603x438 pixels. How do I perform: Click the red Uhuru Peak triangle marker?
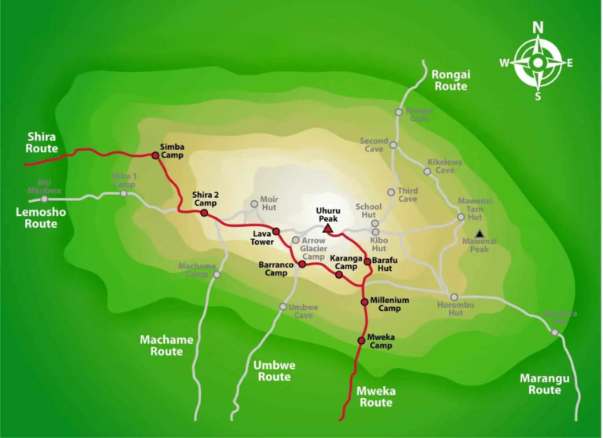[x=327, y=228]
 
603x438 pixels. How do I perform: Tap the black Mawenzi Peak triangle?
[x=480, y=233]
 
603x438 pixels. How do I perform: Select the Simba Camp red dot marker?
[x=155, y=155]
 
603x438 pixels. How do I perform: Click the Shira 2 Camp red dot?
[x=204, y=213]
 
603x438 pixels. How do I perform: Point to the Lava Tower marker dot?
[x=276, y=231]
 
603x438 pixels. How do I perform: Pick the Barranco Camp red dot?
[x=301, y=265]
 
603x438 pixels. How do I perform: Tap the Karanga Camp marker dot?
[x=339, y=275]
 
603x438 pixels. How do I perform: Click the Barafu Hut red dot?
[x=367, y=261]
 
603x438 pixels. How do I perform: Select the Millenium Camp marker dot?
[x=364, y=301]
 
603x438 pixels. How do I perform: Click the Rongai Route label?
[x=450, y=80]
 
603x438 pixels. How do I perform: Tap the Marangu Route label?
[x=544, y=384]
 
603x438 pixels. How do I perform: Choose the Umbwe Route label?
[x=272, y=370]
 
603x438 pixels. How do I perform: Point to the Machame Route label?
[x=166, y=345]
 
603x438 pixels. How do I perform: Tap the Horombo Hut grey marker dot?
[x=454, y=297]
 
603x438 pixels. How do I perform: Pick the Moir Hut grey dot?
[x=254, y=204]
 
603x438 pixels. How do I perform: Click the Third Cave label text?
[x=407, y=194]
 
